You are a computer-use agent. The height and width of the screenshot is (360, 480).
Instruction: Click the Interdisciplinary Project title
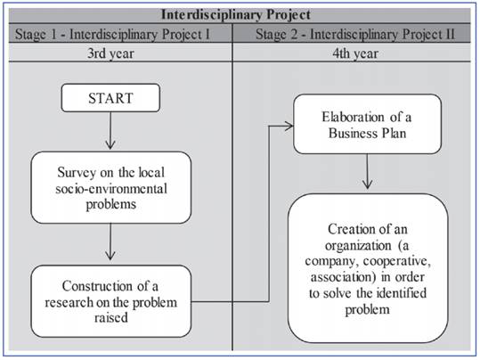coord(239,15)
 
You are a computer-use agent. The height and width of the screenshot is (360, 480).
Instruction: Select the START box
coord(110,99)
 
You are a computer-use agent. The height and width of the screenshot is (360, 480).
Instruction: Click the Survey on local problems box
coord(110,187)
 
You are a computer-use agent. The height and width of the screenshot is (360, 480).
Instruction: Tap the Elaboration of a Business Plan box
coord(365,126)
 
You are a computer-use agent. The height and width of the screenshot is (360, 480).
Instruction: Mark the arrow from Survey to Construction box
coord(110,242)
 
